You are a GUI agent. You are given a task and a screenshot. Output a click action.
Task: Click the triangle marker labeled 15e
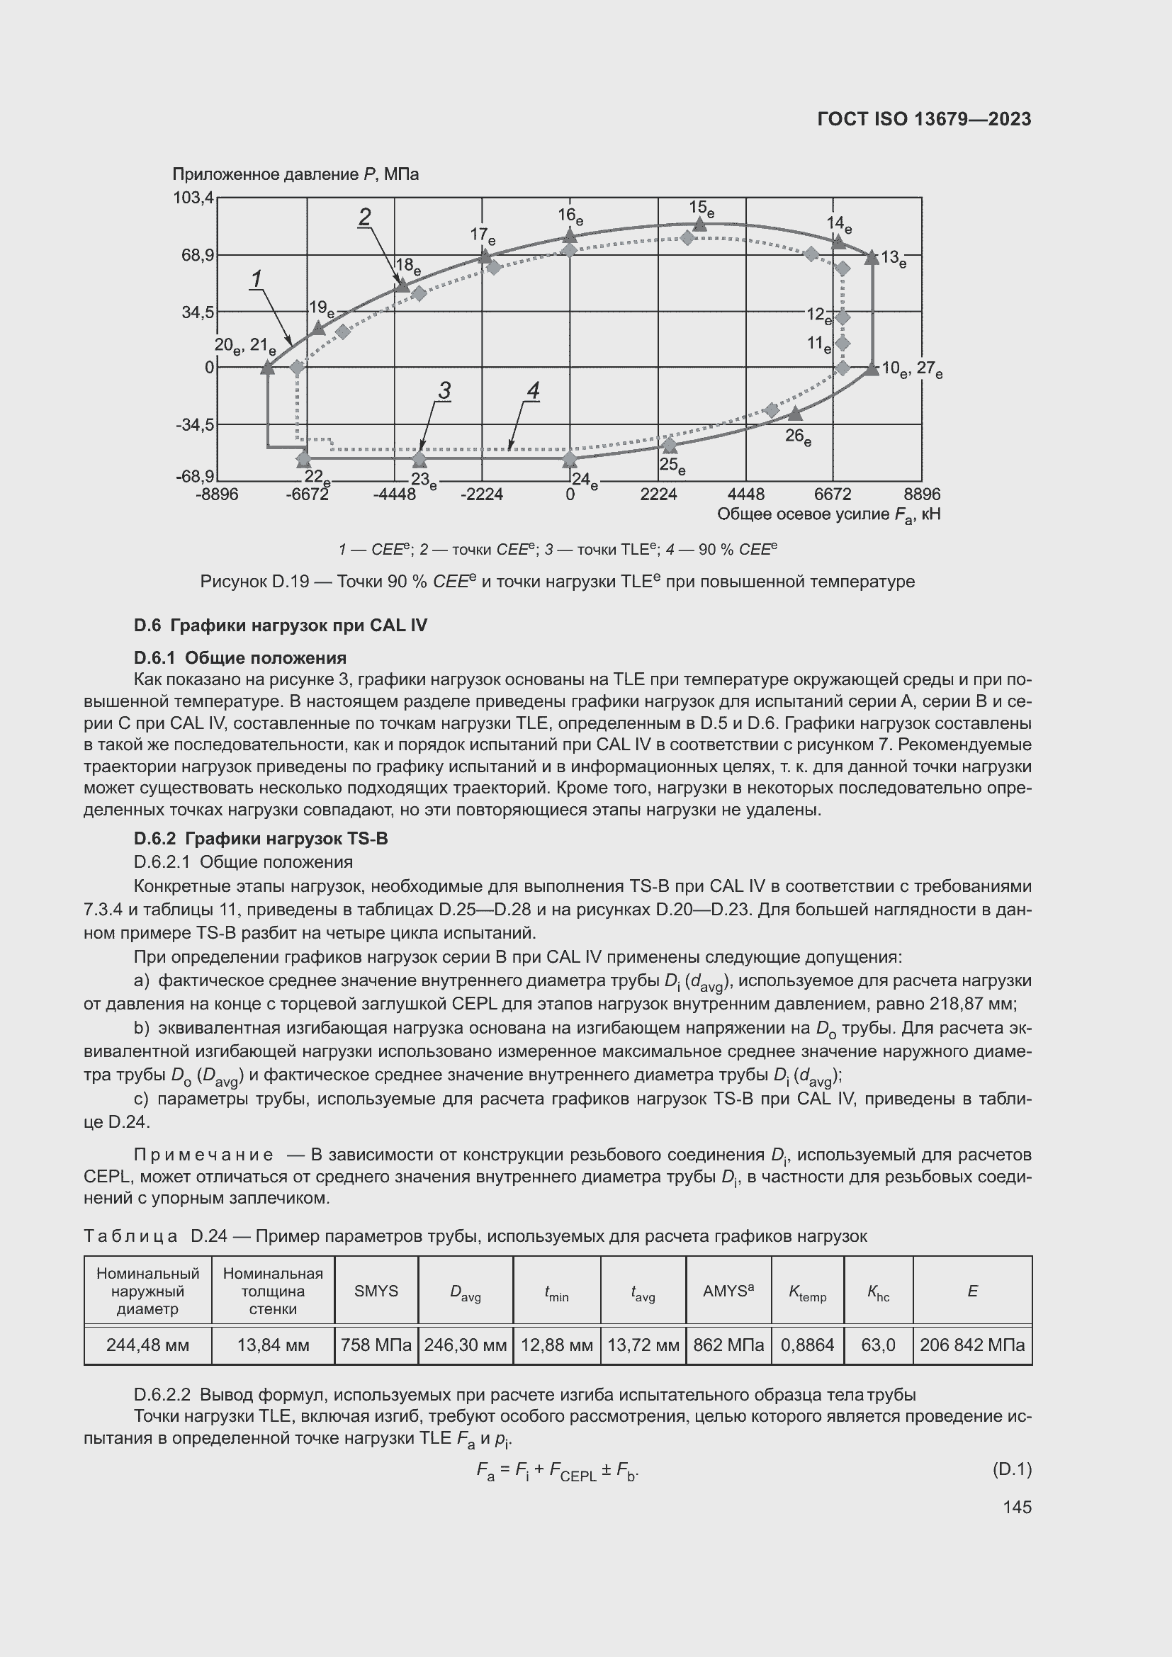[699, 225]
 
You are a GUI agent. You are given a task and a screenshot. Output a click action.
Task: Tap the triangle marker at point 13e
[872, 257]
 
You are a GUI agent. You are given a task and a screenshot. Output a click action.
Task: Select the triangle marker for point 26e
[794, 414]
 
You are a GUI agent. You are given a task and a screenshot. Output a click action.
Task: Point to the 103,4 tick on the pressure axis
[193, 198]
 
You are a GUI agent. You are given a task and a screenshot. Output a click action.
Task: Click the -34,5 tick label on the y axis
[195, 424]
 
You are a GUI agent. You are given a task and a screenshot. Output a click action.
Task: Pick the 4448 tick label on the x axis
[745, 494]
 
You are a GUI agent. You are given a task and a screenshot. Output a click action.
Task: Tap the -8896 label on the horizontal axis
[217, 494]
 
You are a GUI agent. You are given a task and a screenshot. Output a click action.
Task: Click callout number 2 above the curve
[365, 217]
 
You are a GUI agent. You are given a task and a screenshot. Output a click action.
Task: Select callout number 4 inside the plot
[533, 391]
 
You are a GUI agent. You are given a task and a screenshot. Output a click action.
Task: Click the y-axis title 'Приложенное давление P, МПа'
[295, 175]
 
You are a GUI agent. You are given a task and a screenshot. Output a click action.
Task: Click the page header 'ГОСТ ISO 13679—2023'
[924, 119]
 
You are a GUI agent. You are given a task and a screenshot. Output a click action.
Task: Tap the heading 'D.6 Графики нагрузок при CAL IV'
[280, 625]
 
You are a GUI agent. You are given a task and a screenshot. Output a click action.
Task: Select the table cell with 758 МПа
[376, 1345]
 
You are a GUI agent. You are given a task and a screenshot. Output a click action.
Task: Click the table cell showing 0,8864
[807, 1345]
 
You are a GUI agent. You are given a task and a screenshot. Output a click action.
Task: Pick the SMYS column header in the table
[376, 1291]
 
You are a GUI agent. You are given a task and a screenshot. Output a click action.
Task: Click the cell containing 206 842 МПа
[971, 1345]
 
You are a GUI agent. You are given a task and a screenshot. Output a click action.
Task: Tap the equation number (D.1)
[1012, 1469]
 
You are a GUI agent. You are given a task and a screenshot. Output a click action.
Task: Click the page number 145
[1017, 1507]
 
